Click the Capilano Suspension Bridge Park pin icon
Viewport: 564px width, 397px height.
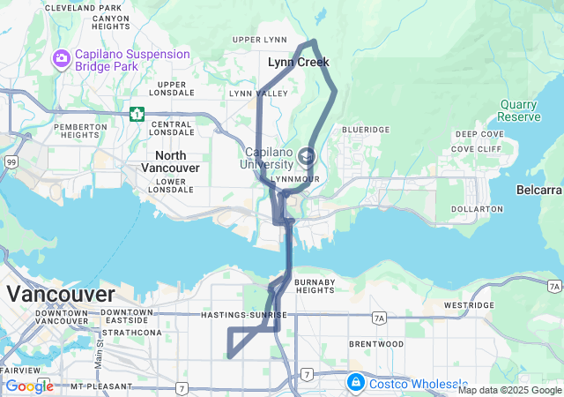click(62, 59)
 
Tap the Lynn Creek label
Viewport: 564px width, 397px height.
click(299, 63)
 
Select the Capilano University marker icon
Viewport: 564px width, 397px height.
click(306, 156)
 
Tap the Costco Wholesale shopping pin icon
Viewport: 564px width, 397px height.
click(356, 383)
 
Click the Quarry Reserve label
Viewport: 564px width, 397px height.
click(519, 110)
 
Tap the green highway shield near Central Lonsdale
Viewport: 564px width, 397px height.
click(137, 114)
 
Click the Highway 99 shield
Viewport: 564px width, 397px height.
click(11, 162)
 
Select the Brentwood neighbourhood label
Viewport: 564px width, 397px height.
click(376, 343)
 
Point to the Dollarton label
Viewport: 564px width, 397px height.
click(476, 209)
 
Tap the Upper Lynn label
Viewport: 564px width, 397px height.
click(259, 40)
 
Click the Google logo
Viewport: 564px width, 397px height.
click(29, 386)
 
